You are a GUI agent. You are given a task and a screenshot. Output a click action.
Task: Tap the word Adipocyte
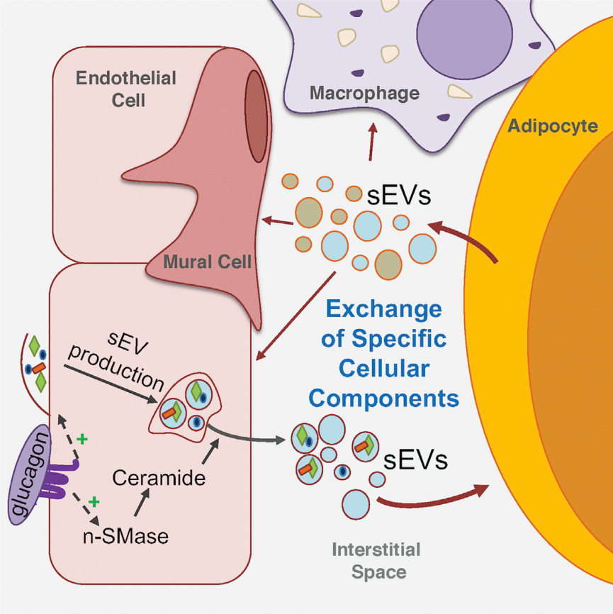tap(553, 126)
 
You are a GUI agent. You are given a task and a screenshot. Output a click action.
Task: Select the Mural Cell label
tap(207, 262)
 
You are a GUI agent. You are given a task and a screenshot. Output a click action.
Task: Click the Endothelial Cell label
tap(126, 89)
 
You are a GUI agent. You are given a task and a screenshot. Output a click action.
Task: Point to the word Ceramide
tap(159, 478)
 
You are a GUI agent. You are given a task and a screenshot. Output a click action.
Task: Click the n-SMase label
tap(125, 536)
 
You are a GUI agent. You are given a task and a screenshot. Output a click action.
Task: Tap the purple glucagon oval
tap(29, 474)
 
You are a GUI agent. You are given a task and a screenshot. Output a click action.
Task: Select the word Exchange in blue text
tap(384, 309)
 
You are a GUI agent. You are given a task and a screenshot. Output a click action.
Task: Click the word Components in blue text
tap(383, 398)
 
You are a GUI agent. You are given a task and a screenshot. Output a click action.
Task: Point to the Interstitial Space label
tap(376, 561)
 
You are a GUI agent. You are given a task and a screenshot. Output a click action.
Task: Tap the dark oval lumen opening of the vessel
tap(257, 116)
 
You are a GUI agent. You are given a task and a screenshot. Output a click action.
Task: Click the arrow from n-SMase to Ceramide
tap(142, 502)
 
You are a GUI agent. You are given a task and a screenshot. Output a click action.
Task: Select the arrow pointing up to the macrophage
tap(372, 142)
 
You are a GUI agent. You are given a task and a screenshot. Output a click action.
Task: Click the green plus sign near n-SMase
tap(94, 501)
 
